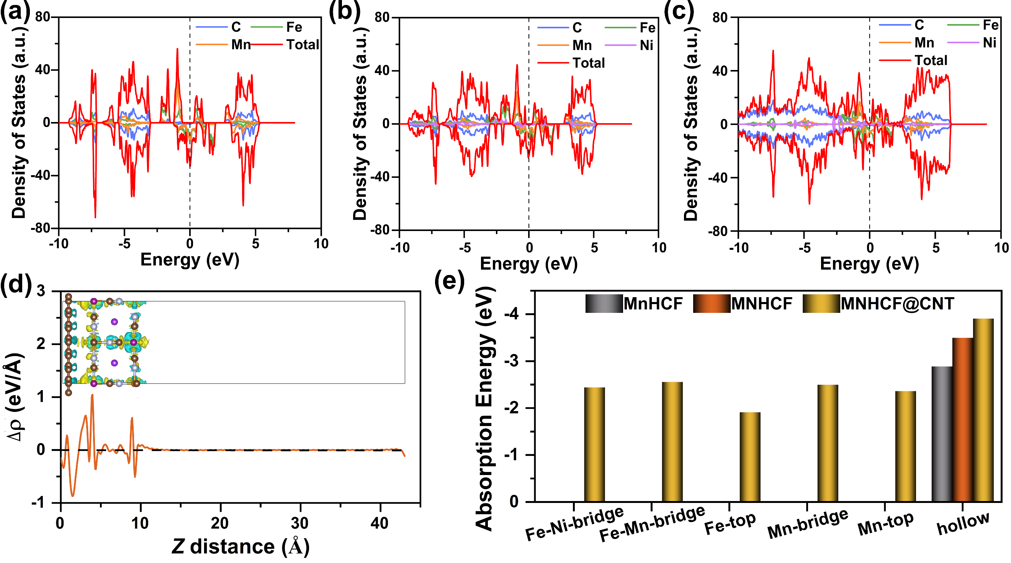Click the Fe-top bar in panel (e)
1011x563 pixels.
(750, 457)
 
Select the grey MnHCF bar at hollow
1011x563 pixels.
(942, 434)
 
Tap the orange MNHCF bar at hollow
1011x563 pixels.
(963, 420)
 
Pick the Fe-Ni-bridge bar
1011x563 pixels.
(595, 444)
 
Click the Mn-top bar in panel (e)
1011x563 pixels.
(905, 446)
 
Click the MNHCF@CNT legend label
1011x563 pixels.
(897, 304)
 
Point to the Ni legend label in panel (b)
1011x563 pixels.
(646, 46)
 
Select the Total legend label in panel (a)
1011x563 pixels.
(303, 45)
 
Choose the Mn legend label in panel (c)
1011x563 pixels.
(924, 43)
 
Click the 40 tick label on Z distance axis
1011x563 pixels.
(380, 523)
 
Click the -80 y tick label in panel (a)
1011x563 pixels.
(41, 228)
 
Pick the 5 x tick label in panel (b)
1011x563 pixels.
(594, 248)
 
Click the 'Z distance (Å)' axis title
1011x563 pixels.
(240, 547)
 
